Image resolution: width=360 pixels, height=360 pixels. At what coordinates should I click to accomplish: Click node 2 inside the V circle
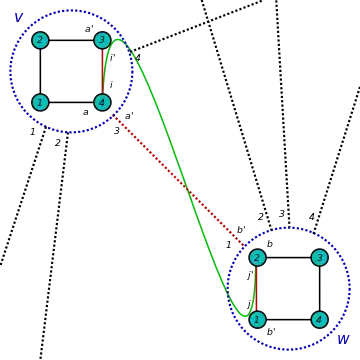(40, 40)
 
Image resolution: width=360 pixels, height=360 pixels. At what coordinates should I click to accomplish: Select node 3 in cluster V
(102, 40)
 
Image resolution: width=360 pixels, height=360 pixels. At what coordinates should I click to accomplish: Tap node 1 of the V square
(40, 102)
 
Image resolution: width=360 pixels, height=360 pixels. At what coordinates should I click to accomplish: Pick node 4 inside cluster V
(102, 102)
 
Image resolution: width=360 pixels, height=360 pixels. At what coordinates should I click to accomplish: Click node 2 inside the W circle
(257, 258)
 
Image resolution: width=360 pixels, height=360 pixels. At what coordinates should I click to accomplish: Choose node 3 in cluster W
(320, 258)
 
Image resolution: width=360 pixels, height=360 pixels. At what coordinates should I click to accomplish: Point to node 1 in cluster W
(257, 320)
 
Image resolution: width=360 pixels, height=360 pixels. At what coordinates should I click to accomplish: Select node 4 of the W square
(320, 320)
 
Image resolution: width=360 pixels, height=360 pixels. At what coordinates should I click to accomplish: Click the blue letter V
(19, 18)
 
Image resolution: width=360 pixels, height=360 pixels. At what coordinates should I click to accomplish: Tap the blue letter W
(343, 340)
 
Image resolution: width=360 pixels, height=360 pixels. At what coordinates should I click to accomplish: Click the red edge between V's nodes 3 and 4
(102, 71)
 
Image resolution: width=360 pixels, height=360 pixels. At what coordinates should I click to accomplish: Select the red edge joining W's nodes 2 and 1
(256, 289)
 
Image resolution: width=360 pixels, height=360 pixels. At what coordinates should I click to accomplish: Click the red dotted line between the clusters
(179, 181)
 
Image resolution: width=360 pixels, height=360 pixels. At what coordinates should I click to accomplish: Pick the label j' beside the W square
(250, 275)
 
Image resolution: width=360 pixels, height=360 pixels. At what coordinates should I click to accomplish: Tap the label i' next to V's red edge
(113, 58)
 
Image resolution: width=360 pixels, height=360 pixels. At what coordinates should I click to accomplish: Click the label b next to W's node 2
(270, 244)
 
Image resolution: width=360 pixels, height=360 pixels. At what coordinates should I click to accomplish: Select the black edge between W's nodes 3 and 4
(320, 289)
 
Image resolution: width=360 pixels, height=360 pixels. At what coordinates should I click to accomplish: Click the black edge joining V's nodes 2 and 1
(40, 71)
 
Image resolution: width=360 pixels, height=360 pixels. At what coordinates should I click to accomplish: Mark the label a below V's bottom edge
(86, 112)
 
